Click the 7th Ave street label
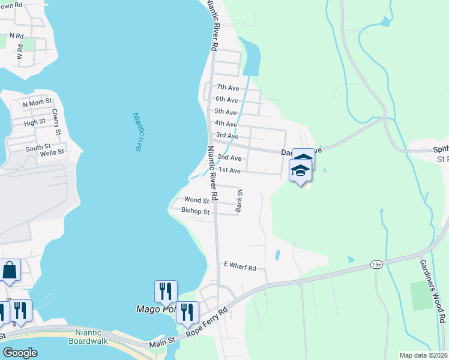point(228,88)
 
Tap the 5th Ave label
point(226,112)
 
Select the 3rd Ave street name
point(228,136)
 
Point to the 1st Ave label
point(229,170)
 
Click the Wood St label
point(196,200)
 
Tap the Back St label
point(240,201)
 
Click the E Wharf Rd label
point(240,265)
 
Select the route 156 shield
point(376,265)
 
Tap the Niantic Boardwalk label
point(93,338)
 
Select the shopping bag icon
point(10,270)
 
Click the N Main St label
point(38,104)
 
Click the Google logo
point(20,353)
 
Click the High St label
point(34,122)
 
